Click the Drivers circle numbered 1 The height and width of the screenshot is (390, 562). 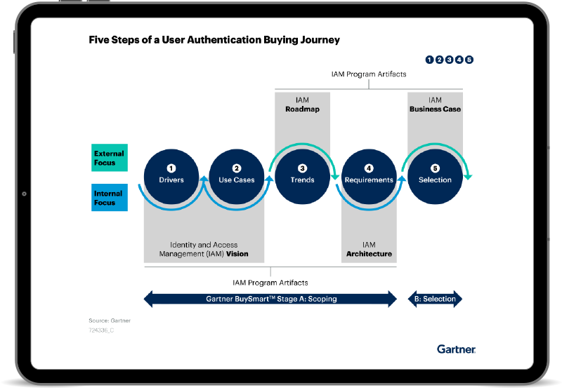tap(171, 177)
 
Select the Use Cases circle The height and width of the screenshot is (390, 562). tap(237, 177)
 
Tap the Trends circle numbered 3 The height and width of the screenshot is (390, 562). tap(303, 177)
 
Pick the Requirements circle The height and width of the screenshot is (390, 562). tap(369, 177)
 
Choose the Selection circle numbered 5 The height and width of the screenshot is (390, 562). tap(435, 177)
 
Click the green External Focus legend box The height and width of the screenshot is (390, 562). tap(110, 158)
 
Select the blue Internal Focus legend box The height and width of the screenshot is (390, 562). tap(110, 198)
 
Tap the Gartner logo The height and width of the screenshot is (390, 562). tap(456, 349)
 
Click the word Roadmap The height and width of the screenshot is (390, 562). tap(303, 109)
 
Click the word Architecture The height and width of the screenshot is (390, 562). tap(370, 254)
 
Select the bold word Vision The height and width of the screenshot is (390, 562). tap(237, 254)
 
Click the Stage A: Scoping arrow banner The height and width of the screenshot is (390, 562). tap(270, 299)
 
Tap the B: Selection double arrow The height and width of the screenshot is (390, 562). tap(435, 299)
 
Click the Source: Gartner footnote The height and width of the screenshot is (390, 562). tap(110, 321)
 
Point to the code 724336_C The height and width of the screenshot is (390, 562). tap(101, 330)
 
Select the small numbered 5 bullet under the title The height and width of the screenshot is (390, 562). tap(469, 60)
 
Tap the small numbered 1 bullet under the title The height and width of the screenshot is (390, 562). tap(429, 60)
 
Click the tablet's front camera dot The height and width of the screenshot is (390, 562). tap(24, 194)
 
